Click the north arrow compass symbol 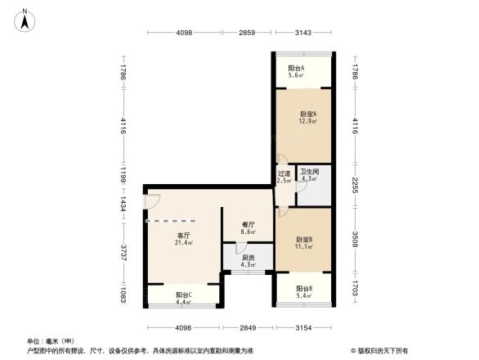pos(25,18)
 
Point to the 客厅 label pos(182,235)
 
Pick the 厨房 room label pos(248,258)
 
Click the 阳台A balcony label pos(296,68)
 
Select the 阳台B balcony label pos(304,289)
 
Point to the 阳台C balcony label pos(183,295)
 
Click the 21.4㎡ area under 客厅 pos(182,243)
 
